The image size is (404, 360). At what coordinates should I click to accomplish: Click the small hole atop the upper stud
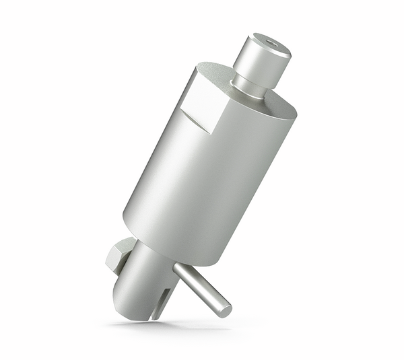tap(271, 44)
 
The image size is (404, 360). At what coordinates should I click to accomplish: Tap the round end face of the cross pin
tap(224, 310)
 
